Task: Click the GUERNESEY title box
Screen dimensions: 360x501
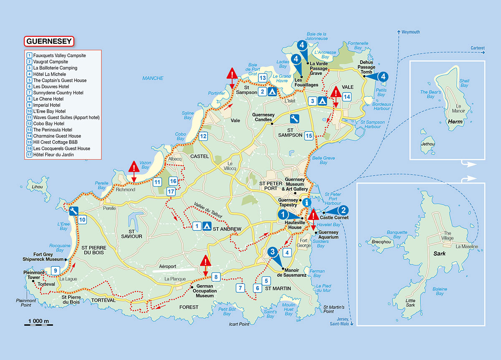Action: (x=49, y=41)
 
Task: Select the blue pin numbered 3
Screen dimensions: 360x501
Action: (x=272, y=252)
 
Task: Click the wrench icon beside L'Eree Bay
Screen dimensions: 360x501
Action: (x=73, y=211)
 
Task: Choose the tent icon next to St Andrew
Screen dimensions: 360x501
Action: (x=207, y=226)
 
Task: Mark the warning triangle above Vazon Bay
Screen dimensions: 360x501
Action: (x=133, y=167)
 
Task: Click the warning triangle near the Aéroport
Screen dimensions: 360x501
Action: (x=205, y=262)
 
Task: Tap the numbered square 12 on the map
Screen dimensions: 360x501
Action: (x=203, y=136)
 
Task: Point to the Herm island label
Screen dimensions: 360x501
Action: (x=453, y=122)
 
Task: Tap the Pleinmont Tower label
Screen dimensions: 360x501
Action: (x=34, y=274)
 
